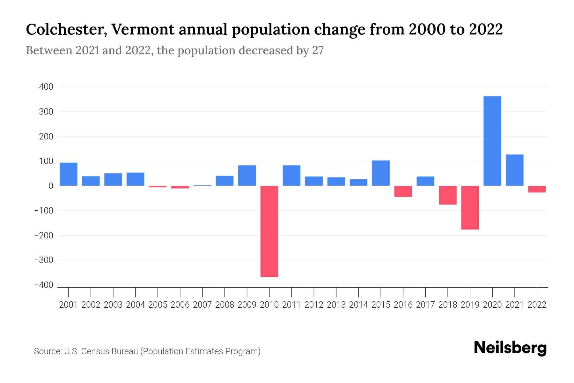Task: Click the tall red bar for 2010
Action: point(269,231)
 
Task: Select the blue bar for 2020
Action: point(492,141)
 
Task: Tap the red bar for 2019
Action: point(470,207)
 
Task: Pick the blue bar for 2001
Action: point(69,174)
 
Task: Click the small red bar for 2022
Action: point(537,189)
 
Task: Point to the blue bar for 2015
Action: point(381,173)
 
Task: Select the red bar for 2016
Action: point(403,191)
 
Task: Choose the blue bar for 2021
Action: point(514,170)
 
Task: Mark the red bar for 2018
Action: point(447,195)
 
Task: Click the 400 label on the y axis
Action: point(46,87)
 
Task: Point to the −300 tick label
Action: point(44,260)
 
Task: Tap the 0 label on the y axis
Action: point(51,186)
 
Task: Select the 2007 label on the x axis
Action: point(202,305)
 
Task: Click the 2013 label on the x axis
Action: point(336,305)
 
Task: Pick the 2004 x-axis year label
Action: point(136,305)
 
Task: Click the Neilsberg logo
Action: point(510,348)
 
